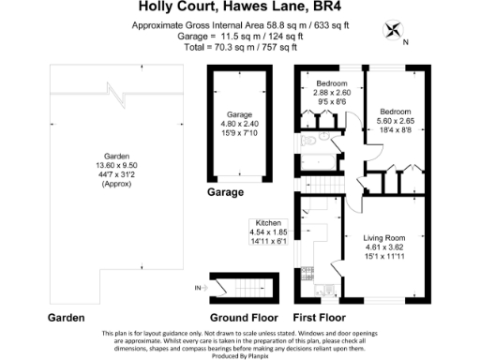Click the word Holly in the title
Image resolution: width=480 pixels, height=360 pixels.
point(143,7)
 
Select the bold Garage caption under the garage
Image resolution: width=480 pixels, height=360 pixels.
point(225,192)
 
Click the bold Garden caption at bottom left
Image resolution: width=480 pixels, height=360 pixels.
point(72,318)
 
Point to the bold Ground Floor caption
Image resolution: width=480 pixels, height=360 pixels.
point(238,318)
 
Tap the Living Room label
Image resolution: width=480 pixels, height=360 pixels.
point(385,239)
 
